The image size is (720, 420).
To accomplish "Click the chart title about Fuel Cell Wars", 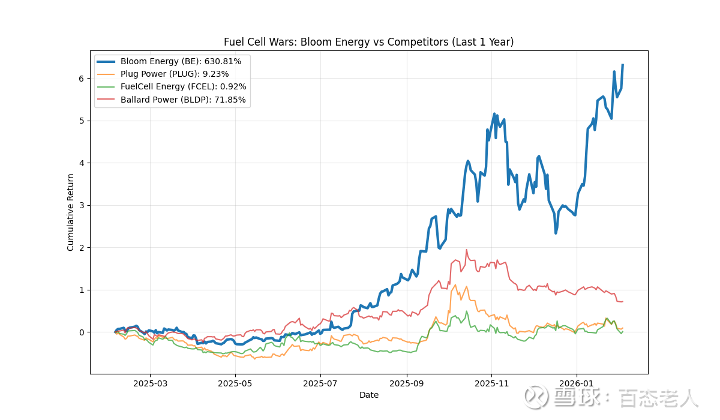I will [368, 42].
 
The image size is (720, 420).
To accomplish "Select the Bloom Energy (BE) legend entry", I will [181, 61].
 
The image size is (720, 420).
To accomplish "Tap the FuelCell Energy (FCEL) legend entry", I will [183, 87].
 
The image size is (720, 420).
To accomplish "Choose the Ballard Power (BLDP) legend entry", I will [183, 100].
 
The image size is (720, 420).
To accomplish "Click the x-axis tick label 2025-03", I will [150, 383].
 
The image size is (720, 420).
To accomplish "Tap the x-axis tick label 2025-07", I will [320, 383].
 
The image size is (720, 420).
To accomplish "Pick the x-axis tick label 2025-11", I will [491, 383].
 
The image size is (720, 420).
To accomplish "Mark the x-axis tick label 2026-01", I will [577, 383].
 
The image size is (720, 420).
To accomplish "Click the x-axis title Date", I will [369, 395].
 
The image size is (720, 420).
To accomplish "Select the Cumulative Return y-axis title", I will [71, 212].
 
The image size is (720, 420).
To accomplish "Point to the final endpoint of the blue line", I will [623, 65].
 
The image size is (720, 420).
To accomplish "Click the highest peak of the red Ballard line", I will [466, 250].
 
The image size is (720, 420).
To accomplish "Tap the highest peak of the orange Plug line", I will [455, 285].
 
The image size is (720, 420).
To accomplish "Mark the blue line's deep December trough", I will [556, 233].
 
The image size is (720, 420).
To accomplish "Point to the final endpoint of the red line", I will [623, 301].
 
